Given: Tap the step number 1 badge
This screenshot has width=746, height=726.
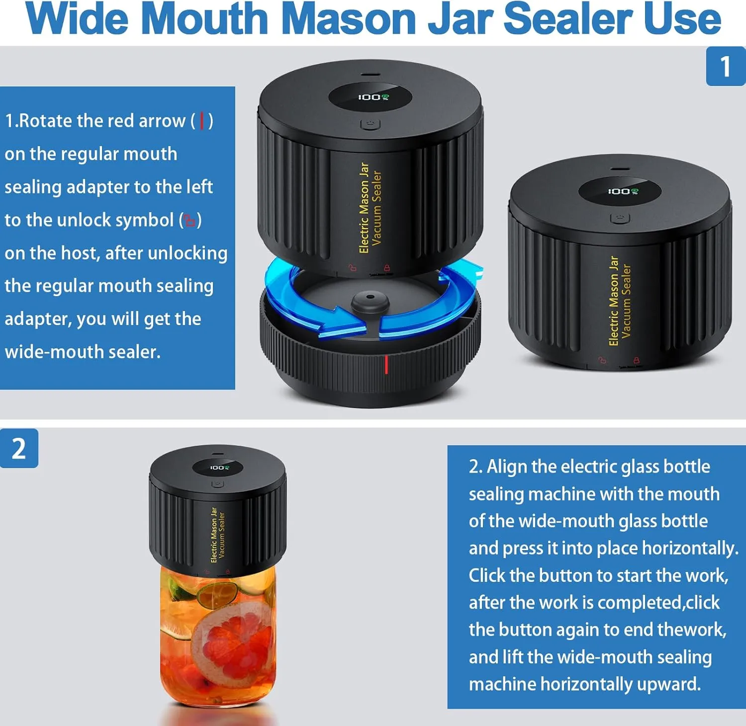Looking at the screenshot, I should click(725, 66).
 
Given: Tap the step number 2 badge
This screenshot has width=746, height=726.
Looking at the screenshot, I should click(19, 448).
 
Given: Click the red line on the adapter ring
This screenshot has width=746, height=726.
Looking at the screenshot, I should click(386, 364).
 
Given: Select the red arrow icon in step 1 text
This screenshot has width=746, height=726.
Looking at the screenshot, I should click(202, 121).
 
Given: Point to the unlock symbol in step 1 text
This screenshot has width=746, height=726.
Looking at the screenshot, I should click(190, 220).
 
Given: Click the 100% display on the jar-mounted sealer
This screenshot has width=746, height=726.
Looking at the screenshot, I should click(219, 468).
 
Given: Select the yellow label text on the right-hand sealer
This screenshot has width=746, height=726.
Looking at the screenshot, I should click(620, 301).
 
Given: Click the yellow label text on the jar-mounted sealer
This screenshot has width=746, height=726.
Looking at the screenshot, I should click(218, 535).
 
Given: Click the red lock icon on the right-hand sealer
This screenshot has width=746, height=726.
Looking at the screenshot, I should click(636, 360).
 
